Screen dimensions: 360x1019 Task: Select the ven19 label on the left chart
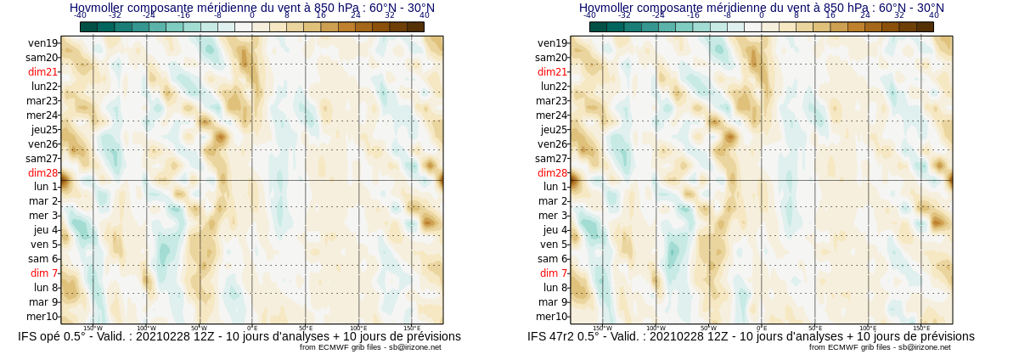42,43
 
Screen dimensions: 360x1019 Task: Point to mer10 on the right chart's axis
552,317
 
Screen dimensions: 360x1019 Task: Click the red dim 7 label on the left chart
44,273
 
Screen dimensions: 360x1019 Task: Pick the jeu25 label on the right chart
554,130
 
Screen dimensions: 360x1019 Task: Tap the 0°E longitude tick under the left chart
252,328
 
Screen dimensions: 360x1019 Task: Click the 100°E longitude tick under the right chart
868,328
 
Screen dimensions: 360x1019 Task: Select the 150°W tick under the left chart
93,328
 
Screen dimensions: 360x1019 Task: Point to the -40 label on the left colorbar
80,15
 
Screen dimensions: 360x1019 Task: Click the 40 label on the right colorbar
934,15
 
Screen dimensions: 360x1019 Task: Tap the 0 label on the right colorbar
762,15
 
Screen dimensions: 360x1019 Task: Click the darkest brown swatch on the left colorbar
415,27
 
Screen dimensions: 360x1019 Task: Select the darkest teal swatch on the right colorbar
598,27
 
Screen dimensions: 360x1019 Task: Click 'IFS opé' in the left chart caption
41,337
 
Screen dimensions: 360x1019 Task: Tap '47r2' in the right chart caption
564,337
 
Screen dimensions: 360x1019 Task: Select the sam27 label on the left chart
42,159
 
